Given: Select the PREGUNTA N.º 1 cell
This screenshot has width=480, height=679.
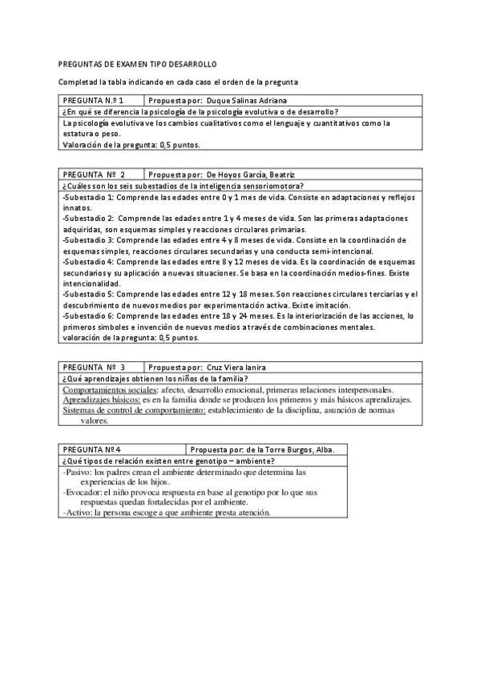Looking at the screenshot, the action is click(x=93, y=101).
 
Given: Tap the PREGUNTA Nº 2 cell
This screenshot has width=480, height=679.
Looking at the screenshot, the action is click(x=93, y=174).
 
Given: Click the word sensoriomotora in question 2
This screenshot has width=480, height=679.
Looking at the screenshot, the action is click(x=265, y=185).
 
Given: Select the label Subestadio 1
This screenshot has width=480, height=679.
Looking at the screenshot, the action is click(x=88, y=196).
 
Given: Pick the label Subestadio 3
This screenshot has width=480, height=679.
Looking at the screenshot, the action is click(x=88, y=239).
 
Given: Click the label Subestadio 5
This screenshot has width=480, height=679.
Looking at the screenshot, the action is click(x=88, y=294).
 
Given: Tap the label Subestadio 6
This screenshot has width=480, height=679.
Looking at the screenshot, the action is click(x=88, y=315).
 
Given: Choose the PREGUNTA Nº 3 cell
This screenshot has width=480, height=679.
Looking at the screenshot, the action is click(x=93, y=367).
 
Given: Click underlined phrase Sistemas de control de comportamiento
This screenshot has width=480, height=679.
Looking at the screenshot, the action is click(x=134, y=410).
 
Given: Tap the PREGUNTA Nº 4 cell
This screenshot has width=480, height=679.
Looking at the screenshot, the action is click(x=93, y=449).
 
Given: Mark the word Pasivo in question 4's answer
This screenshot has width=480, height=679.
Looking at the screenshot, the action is click(x=78, y=472).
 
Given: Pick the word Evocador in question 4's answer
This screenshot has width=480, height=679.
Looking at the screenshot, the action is click(x=83, y=492).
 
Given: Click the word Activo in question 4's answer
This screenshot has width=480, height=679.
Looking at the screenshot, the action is click(x=78, y=512).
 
